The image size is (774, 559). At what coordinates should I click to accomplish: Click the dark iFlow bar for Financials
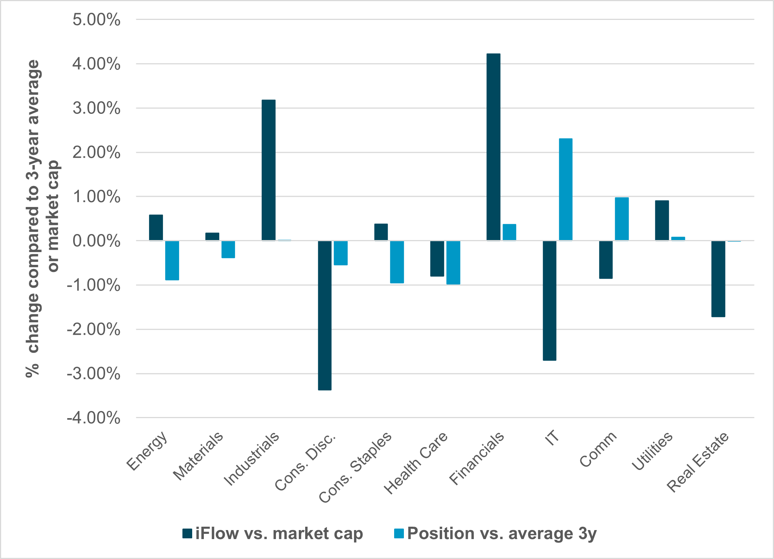click(493, 147)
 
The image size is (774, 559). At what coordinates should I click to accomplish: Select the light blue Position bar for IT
click(566, 189)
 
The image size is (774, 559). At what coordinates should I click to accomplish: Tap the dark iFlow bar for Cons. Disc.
click(325, 315)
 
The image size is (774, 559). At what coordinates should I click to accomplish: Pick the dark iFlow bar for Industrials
click(268, 170)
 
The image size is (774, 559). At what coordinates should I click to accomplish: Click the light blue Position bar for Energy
click(172, 260)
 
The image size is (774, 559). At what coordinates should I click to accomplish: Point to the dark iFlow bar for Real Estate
click(718, 279)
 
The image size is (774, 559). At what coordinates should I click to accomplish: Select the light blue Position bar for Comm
click(622, 219)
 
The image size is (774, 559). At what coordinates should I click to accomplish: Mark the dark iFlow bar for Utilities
click(662, 221)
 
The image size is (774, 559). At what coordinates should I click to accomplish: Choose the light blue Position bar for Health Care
click(453, 263)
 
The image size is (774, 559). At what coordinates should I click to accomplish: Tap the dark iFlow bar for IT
click(550, 301)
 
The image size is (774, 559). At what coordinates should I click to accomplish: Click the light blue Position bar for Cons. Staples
click(397, 262)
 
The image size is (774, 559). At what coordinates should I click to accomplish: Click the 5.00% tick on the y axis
click(96, 20)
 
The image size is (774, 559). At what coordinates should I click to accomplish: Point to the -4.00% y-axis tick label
click(93, 418)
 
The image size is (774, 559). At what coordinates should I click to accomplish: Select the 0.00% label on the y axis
click(96, 241)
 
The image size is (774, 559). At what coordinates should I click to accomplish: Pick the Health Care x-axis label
click(416, 463)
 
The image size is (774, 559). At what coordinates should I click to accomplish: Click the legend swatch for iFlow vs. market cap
click(187, 533)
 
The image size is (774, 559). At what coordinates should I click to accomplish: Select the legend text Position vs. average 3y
click(501, 533)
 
